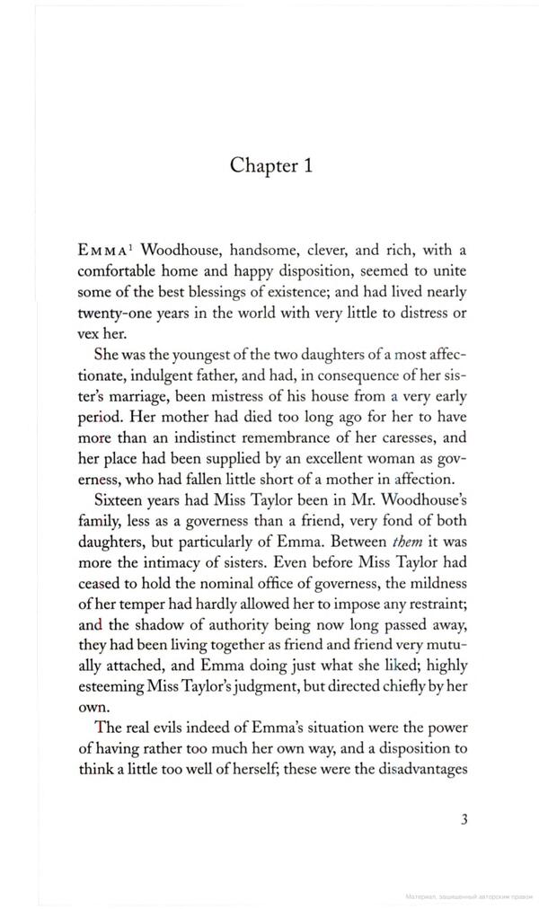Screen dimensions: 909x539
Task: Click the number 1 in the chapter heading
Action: tap(306, 164)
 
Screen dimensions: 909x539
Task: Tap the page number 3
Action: tap(464, 817)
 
